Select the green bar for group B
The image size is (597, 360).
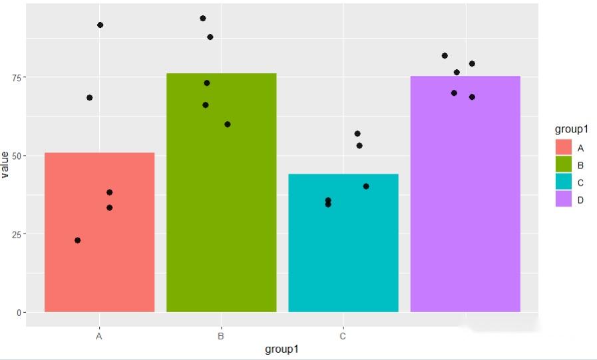click(x=221, y=200)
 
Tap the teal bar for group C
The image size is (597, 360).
click(x=343, y=253)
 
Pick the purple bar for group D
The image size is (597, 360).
click(x=465, y=200)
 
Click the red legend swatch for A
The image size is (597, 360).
click(x=564, y=148)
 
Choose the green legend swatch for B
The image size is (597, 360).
click(x=564, y=165)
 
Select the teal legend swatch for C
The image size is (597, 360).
click(x=564, y=182)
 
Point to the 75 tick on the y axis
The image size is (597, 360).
click(x=16, y=77)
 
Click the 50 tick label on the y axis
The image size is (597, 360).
click(x=16, y=156)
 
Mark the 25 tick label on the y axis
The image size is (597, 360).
click(x=16, y=234)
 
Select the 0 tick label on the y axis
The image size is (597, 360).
click(x=19, y=312)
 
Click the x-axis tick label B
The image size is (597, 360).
click(x=221, y=336)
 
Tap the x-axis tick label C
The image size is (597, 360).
click(x=343, y=336)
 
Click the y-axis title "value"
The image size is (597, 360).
click(x=6, y=164)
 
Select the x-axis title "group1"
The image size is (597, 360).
click(x=282, y=349)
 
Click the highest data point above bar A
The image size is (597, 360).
click(x=100, y=25)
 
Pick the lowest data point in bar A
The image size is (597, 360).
click(x=78, y=240)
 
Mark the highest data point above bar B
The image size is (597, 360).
click(x=203, y=19)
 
